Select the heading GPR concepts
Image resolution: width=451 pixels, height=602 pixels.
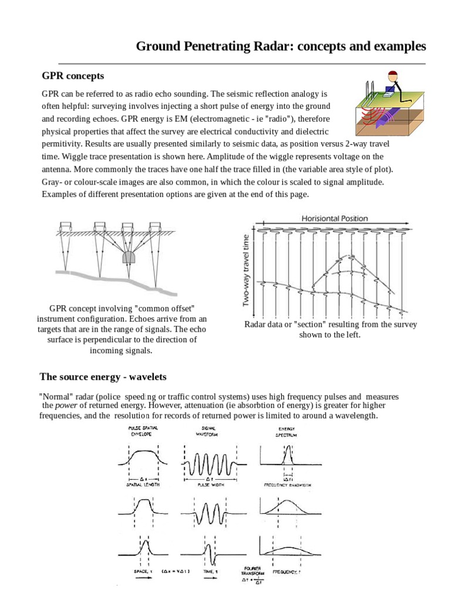click(73, 76)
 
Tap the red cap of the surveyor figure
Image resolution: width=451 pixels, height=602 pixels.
click(392, 75)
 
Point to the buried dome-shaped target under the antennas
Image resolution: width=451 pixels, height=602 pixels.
click(129, 257)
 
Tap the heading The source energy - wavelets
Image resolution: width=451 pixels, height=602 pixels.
click(103, 376)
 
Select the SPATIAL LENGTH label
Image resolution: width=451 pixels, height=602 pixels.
click(143, 485)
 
